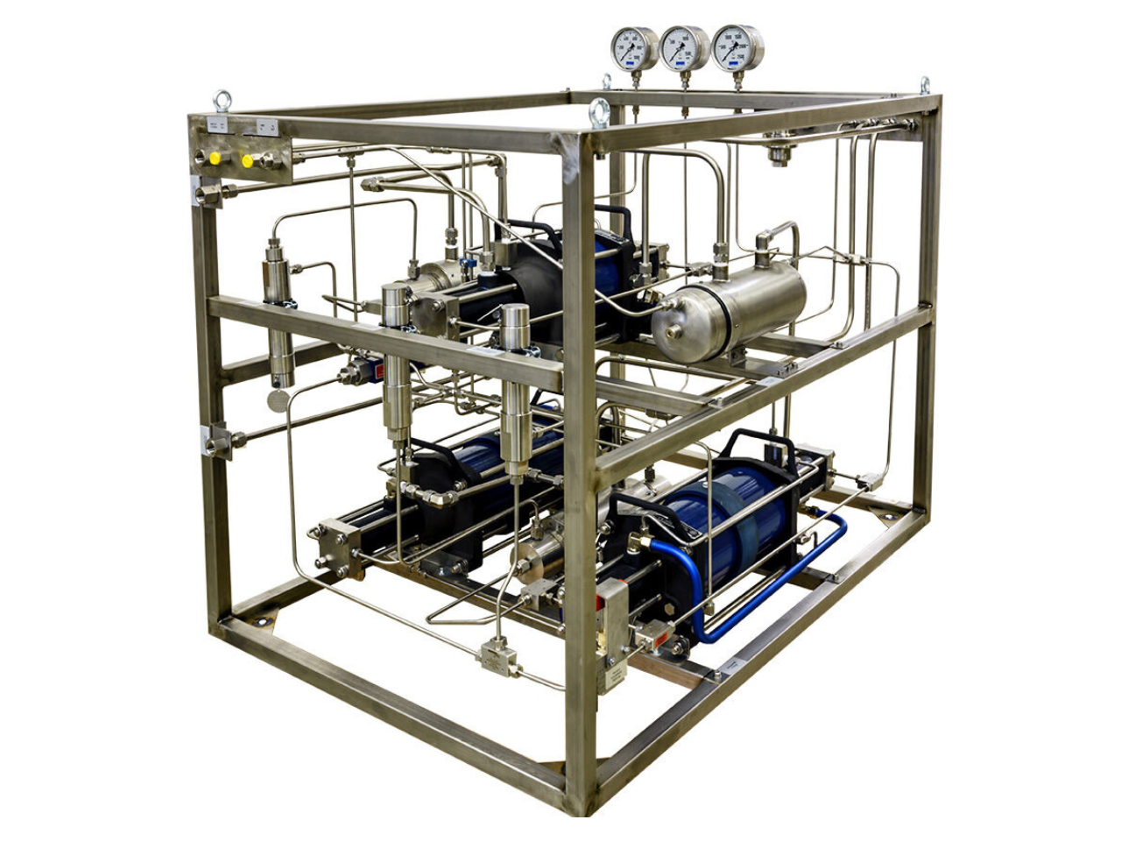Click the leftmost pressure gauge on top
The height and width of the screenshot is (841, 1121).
tap(634, 48)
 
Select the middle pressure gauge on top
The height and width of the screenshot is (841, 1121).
tap(684, 48)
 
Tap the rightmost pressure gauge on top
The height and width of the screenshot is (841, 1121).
tap(737, 48)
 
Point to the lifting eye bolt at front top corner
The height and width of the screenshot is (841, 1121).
tap(600, 111)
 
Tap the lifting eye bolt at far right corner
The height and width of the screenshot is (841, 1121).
tap(925, 85)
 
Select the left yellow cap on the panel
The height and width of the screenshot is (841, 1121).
tap(215, 159)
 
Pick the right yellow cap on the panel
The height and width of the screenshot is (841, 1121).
tap(247, 161)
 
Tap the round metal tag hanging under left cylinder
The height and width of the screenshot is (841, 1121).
tap(277, 401)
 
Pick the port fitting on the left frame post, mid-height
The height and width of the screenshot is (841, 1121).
tap(215, 442)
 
